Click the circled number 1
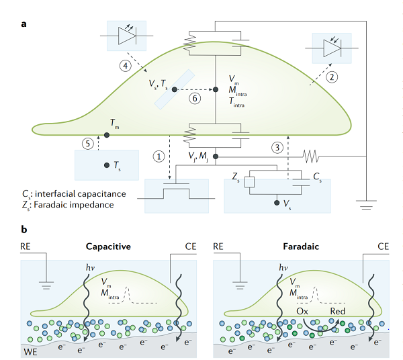point(159,156)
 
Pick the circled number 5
point(86,143)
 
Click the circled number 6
point(194,98)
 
